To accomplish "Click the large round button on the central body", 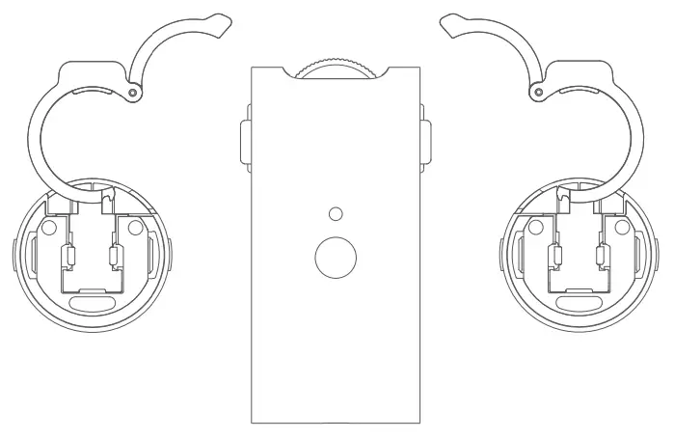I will (337, 255).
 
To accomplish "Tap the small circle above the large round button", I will (336, 212).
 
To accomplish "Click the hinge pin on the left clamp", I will (132, 92).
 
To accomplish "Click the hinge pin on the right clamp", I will (536, 92).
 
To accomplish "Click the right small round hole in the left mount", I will (134, 229).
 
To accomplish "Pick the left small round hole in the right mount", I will (534, 229).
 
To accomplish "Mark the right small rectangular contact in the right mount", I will (602, 258).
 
